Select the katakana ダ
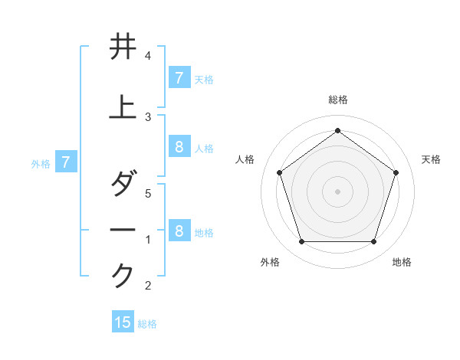click(123, 185)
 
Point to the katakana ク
click(123, 274)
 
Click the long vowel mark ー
click(123, 230)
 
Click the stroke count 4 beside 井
click(148, 57)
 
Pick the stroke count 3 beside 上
click(148, 116)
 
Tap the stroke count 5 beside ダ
click(148, 195)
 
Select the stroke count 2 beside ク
click(148, 286)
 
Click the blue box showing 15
click(123, 322)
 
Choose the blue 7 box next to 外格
click(66, 162)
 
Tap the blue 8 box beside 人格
click(179, 147)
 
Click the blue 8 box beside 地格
click(179, 231)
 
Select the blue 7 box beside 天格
click(179, 77)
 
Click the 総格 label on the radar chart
click(337, 100)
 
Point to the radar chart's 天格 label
click(431, 159)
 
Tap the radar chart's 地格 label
click(402, 262)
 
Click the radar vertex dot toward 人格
click(279, 172)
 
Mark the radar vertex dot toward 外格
click(301, 242)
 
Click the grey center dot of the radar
click(337, 191)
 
